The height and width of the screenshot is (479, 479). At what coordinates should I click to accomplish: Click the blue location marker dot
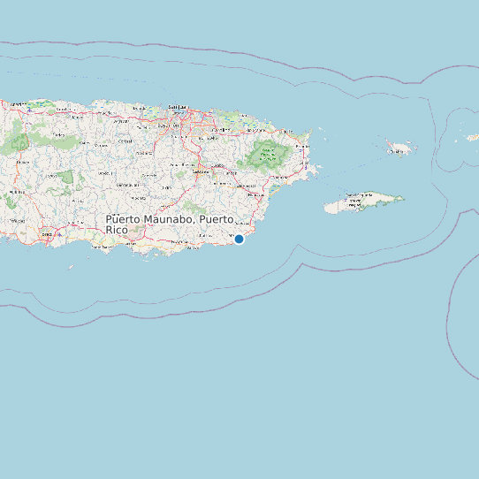point(239,239)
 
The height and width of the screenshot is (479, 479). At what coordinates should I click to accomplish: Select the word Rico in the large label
point(117,230)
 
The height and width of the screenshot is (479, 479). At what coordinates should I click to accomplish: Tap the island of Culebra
point(400,148)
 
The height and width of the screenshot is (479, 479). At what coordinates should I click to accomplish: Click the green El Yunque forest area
point(265,156)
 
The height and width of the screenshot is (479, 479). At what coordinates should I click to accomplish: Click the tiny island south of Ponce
point(72,266)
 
